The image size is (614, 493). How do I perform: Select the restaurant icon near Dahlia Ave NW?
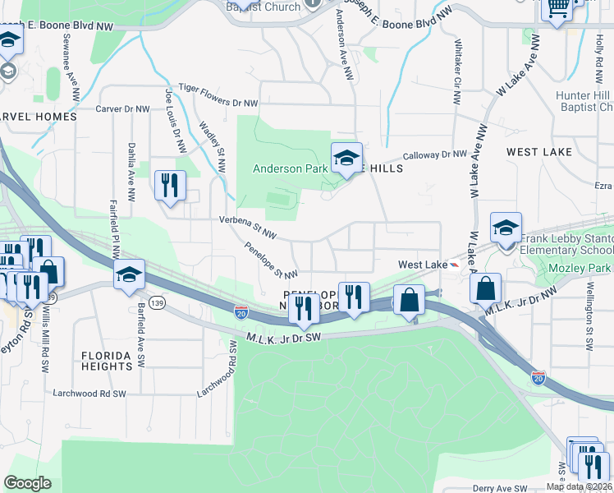point(170,185)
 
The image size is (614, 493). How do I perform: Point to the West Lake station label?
point(422,265)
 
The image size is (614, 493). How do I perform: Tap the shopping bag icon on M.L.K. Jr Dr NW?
point(486,288)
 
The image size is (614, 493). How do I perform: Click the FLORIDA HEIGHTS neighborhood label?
point(107,361)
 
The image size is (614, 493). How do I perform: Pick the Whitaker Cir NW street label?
point(456,70)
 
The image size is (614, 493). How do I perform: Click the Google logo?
point(28,482)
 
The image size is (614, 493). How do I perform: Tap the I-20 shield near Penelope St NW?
point(241,312)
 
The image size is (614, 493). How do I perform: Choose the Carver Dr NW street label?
point(122,108)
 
